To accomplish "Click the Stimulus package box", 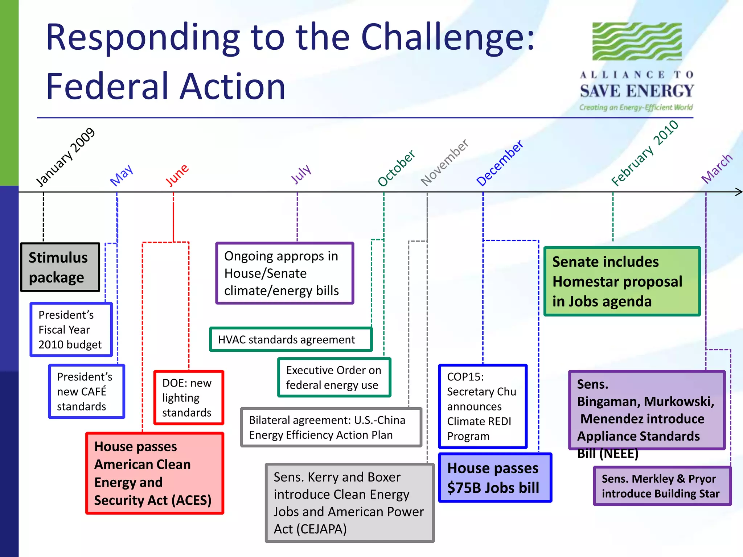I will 60,267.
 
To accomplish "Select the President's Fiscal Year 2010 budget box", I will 71,330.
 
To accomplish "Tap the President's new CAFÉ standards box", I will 87,392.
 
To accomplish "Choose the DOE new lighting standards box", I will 189,397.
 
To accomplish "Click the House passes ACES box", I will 155,473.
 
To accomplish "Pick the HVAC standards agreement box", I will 291,339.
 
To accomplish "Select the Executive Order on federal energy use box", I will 334,377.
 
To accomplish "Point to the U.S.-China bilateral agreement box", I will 331,427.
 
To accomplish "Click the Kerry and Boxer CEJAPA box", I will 349,503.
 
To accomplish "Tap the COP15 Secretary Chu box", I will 483,406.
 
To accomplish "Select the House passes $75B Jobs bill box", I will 495,478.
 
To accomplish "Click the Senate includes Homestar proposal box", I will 622,281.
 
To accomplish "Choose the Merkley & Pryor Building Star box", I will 662,486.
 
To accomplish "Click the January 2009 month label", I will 66,157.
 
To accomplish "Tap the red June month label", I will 177,175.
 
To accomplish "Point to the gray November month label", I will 444,162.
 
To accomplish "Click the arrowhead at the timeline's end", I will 739,192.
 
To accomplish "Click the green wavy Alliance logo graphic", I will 637,41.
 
